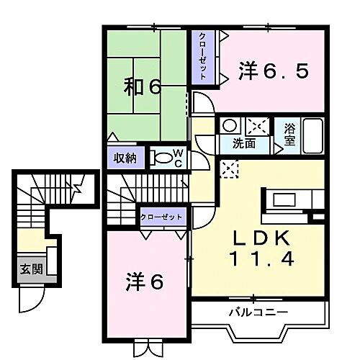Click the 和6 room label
pos(144,88)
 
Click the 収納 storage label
pos(124,157)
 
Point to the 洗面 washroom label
pos(243,143)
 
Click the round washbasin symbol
pos(228,125)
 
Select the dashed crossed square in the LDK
pos(230,170)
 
